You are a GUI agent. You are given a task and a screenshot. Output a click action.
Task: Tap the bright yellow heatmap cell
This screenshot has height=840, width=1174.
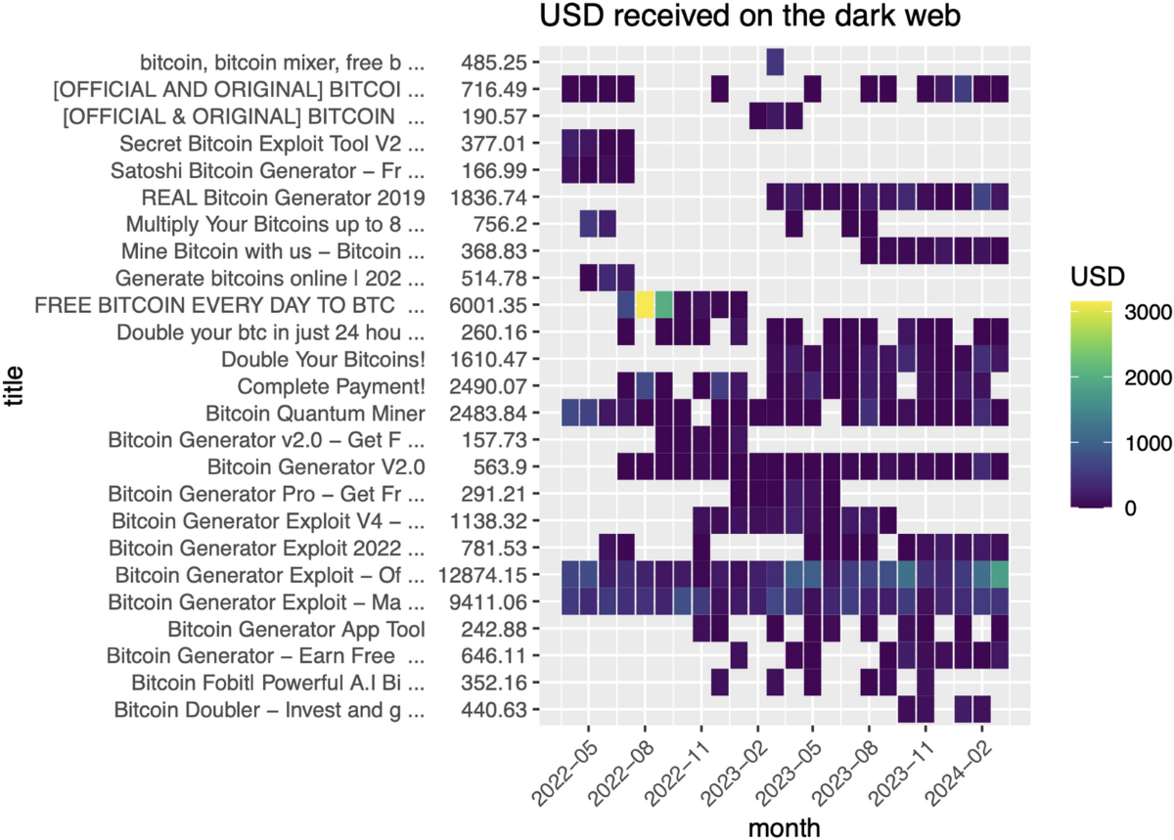point(645,305)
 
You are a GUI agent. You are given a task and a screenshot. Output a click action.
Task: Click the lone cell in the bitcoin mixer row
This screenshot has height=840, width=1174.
point(775,63)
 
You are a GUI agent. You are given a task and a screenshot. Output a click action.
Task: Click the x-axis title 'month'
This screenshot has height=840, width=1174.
point(785,827)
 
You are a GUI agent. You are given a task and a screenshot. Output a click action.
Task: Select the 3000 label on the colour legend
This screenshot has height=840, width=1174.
point(1142,312)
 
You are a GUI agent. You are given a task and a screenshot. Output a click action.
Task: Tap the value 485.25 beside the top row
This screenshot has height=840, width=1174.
point(494,63)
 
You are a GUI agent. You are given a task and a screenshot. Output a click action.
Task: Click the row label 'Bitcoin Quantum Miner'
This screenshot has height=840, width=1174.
point(315,413)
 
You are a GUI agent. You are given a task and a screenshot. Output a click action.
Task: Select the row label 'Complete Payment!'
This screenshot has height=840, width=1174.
point(331,385)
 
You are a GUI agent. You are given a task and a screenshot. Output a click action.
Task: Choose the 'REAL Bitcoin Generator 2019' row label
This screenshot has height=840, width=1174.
point(283,198)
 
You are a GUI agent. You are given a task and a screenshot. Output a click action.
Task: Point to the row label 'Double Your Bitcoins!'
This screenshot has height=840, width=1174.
point(323,359)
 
